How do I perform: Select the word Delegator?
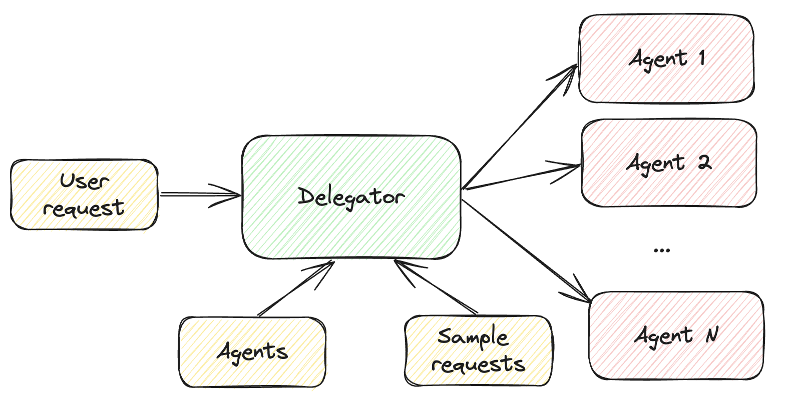coord(351,197)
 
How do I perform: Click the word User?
coord(84,181)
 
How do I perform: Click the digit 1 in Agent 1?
coord(702,58)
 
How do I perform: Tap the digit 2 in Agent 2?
coord(704,162)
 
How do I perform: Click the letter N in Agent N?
coord(712,334)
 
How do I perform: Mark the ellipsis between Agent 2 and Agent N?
coord(662,250)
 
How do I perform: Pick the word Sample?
coord(473,337)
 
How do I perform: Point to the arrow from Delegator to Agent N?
coord(526,250)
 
